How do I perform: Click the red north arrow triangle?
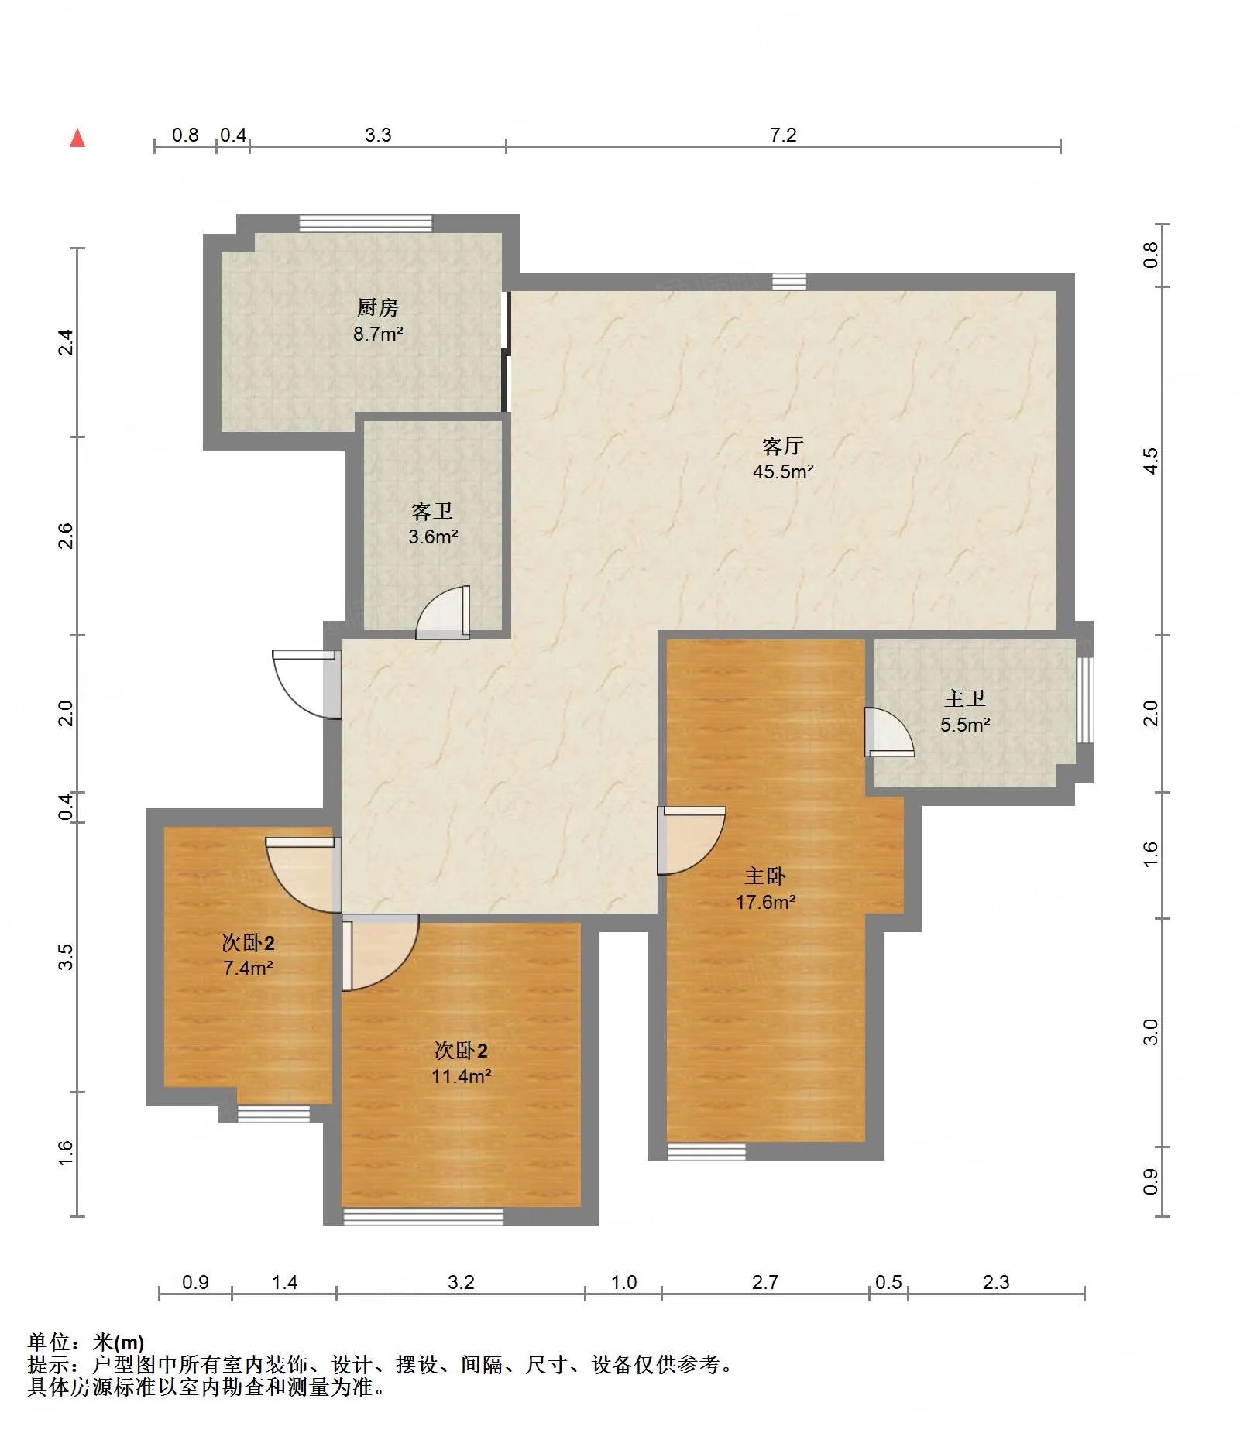point(77,138)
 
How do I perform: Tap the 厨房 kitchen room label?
point(378,308)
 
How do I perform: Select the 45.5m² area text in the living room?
point(783,471)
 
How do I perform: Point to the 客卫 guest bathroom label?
point(432,512)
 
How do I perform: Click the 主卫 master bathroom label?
point(965,699)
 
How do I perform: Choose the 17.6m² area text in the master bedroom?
point(766,902)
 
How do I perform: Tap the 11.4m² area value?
point(462,1076)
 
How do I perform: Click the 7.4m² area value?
point(248,968)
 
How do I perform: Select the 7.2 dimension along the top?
point(783,135)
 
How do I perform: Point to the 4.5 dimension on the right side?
point(1151,461)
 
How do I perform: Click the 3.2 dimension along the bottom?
point(461,1282)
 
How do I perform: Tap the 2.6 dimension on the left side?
point(67,536)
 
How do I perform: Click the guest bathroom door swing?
point(443,613)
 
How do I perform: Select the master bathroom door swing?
point(889,732)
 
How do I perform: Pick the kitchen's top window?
point(366,224)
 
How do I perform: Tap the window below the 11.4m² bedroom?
point(423,1217)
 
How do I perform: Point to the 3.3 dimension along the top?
point(378,135)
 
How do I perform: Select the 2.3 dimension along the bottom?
point(996,1282)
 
